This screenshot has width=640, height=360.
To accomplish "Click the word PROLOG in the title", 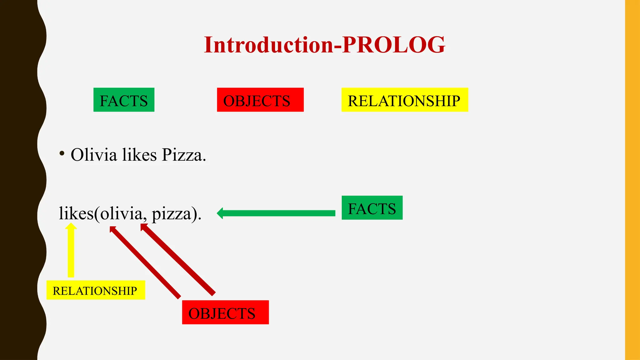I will pyautogui.click(x=394, y=45).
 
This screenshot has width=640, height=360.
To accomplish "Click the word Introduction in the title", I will pyautogui.click(x=269, y=45).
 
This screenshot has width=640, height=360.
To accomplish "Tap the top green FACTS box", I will pyautogui.click(x=124, y=100).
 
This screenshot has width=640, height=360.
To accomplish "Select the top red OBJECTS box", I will pyautogui.click(x=260, y=100).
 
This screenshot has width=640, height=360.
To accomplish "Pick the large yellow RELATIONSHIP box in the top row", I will pyautogui.click(x=404, y=100).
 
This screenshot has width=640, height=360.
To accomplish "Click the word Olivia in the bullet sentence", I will pyautogui.click(x=94, y=155).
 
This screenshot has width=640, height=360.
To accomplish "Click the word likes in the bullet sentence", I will pyautogui.click(x=139, y=155).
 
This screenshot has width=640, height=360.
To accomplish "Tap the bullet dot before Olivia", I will pyautogui.click(x=62, y=153).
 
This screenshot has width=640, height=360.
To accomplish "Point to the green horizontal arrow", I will pyautogui.click(x=278, y=213).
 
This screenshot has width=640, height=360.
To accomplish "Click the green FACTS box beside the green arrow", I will pyautogui.click(x=372, y=208).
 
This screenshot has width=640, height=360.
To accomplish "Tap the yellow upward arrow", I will pyautogui.click(x=71, y=250).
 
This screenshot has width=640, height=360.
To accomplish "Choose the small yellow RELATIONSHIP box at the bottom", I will pyautogui.click(x=96, y=290).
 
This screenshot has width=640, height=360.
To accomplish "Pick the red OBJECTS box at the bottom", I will pyautogui.click(x=225, y=312).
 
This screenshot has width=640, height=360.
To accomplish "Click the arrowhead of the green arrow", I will pyautogui.click(x=220, y=213).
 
